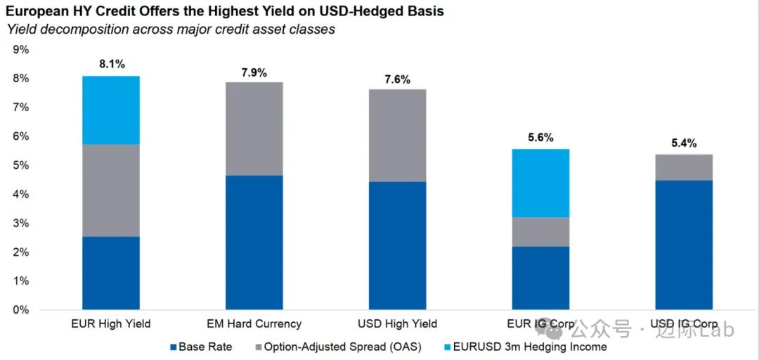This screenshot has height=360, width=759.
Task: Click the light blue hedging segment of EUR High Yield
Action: [111, 110]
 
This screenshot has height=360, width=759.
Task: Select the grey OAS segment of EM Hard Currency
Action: [254, 129]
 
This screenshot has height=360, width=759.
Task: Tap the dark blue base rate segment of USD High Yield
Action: [397, 245]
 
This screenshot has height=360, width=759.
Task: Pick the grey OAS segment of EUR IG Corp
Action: [540, 231]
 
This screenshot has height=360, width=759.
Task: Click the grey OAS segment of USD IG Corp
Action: [684, 167]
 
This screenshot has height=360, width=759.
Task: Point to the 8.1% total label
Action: [112, 64]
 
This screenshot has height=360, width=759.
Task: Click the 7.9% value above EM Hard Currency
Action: [254, 73]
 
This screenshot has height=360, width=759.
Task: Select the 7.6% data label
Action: [397, 79]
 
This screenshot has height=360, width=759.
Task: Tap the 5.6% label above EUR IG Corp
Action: [540, 138]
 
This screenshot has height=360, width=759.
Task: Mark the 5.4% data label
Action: [684, 143]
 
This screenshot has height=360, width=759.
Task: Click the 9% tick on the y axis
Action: [20, 49]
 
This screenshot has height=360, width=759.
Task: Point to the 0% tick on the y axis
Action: [20, 310]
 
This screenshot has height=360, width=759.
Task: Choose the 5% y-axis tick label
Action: [20, 165]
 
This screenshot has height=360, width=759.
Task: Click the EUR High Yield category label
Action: [111, 323]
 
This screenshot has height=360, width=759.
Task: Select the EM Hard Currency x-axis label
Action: [254, 323]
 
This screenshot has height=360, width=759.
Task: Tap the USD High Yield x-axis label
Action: [397, 323]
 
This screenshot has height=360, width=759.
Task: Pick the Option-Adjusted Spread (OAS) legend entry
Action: [337, 347]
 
